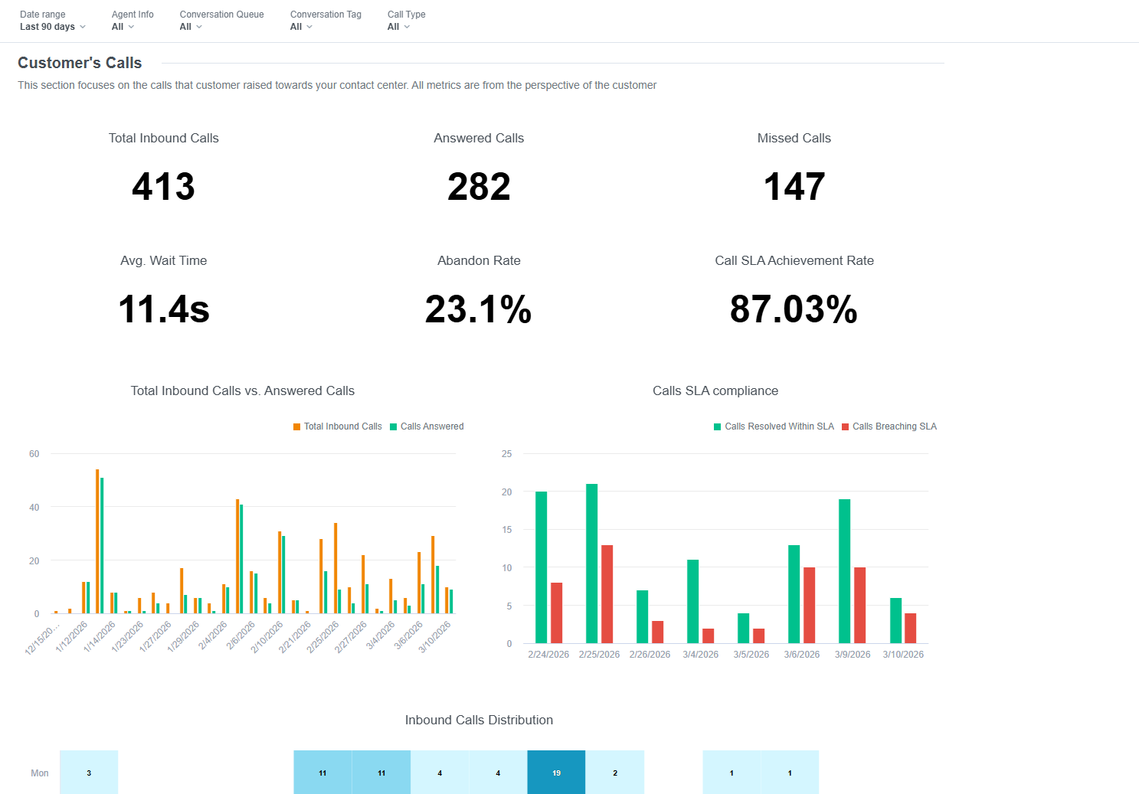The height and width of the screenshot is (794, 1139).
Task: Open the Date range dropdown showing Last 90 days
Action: click(x=52, y=27)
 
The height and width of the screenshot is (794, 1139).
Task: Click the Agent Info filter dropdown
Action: click(x=123, y=27)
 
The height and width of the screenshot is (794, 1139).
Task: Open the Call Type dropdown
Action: click(x=398, y=27)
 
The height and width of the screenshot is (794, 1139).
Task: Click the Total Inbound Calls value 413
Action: click(x=163, y=187)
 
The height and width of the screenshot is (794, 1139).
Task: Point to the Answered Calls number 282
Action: click(x=479, y=187)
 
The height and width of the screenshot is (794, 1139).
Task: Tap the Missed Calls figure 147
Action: click(x=794, y=187)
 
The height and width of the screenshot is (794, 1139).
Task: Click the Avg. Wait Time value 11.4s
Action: click(x=163, y=309)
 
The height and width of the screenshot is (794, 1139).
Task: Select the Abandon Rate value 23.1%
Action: click(x=479, y=309)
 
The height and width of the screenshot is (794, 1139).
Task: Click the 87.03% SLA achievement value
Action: click(x=794, y=309)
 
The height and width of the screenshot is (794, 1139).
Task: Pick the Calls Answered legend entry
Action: click(x=427, y=426)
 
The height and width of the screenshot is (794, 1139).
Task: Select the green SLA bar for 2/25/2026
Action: click(x=591, y=564)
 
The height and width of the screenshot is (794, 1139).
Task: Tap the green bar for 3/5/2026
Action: click(x=743, y=628)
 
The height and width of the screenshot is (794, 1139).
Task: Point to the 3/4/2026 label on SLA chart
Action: click(x=700, y=655)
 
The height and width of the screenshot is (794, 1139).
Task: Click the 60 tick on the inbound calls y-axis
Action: click(x=34, y=454)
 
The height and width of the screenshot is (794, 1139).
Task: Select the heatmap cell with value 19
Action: click(x=556, y=773)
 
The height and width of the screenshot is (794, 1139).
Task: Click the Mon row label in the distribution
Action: click(x=40, y=773)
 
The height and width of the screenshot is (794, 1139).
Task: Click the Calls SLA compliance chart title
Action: click(x=715, y=391)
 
